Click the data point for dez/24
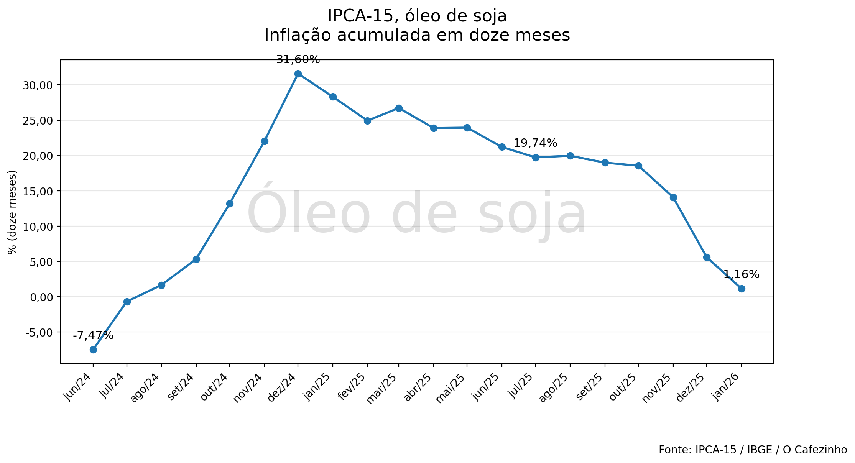pos(298,74)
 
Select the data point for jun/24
pos(93,350)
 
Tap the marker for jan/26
pos(742,289)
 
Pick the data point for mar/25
pos(399,108)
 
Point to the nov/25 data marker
pos(673,197)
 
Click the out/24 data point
pos(230,204)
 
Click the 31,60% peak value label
pos(298,60)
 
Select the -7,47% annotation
pos(93,336)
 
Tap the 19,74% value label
pos(535,143)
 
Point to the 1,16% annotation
pos(742,275)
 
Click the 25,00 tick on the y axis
pos(37,121)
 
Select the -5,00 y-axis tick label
pos(39,332)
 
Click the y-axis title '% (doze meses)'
pos(12,212)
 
